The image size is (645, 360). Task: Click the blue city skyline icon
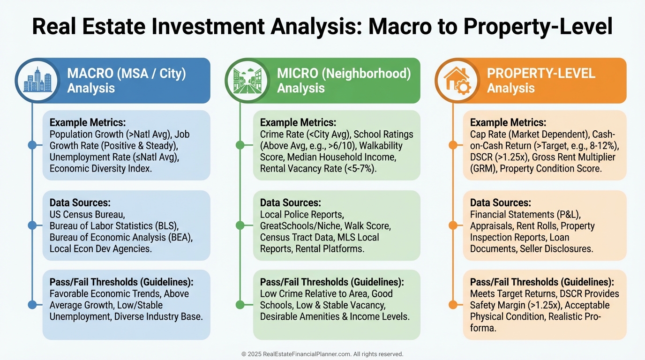coord(37,80)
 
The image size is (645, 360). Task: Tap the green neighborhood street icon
coord(247,81)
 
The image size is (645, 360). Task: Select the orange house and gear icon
coord(457,81)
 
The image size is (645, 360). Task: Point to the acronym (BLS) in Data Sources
coord(167,226)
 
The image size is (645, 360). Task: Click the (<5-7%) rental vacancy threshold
coord(360,168)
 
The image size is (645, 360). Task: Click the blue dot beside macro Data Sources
coord(32,225)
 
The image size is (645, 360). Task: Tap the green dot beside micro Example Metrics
coord(240,145)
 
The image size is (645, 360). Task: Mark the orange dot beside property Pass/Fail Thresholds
coord(453,304)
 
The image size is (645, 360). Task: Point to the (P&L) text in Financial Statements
coord(569,215)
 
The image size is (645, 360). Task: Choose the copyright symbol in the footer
coord(244,354)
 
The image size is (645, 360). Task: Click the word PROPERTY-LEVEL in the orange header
coord(541,74)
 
